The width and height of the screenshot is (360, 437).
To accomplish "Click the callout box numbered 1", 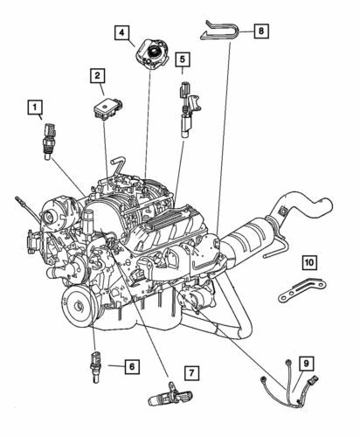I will pyautogui.click(x=36, y=109).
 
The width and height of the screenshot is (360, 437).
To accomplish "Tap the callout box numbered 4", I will pyautogui.click(x=124, y=34).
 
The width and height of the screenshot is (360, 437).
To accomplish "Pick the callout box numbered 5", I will pyautogui.click(x=182, y=59).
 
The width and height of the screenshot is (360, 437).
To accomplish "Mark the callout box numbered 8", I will pyautogui.click(x=260, y=31).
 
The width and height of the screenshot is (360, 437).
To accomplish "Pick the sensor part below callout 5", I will pyautogui.click(x=186, y=107).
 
